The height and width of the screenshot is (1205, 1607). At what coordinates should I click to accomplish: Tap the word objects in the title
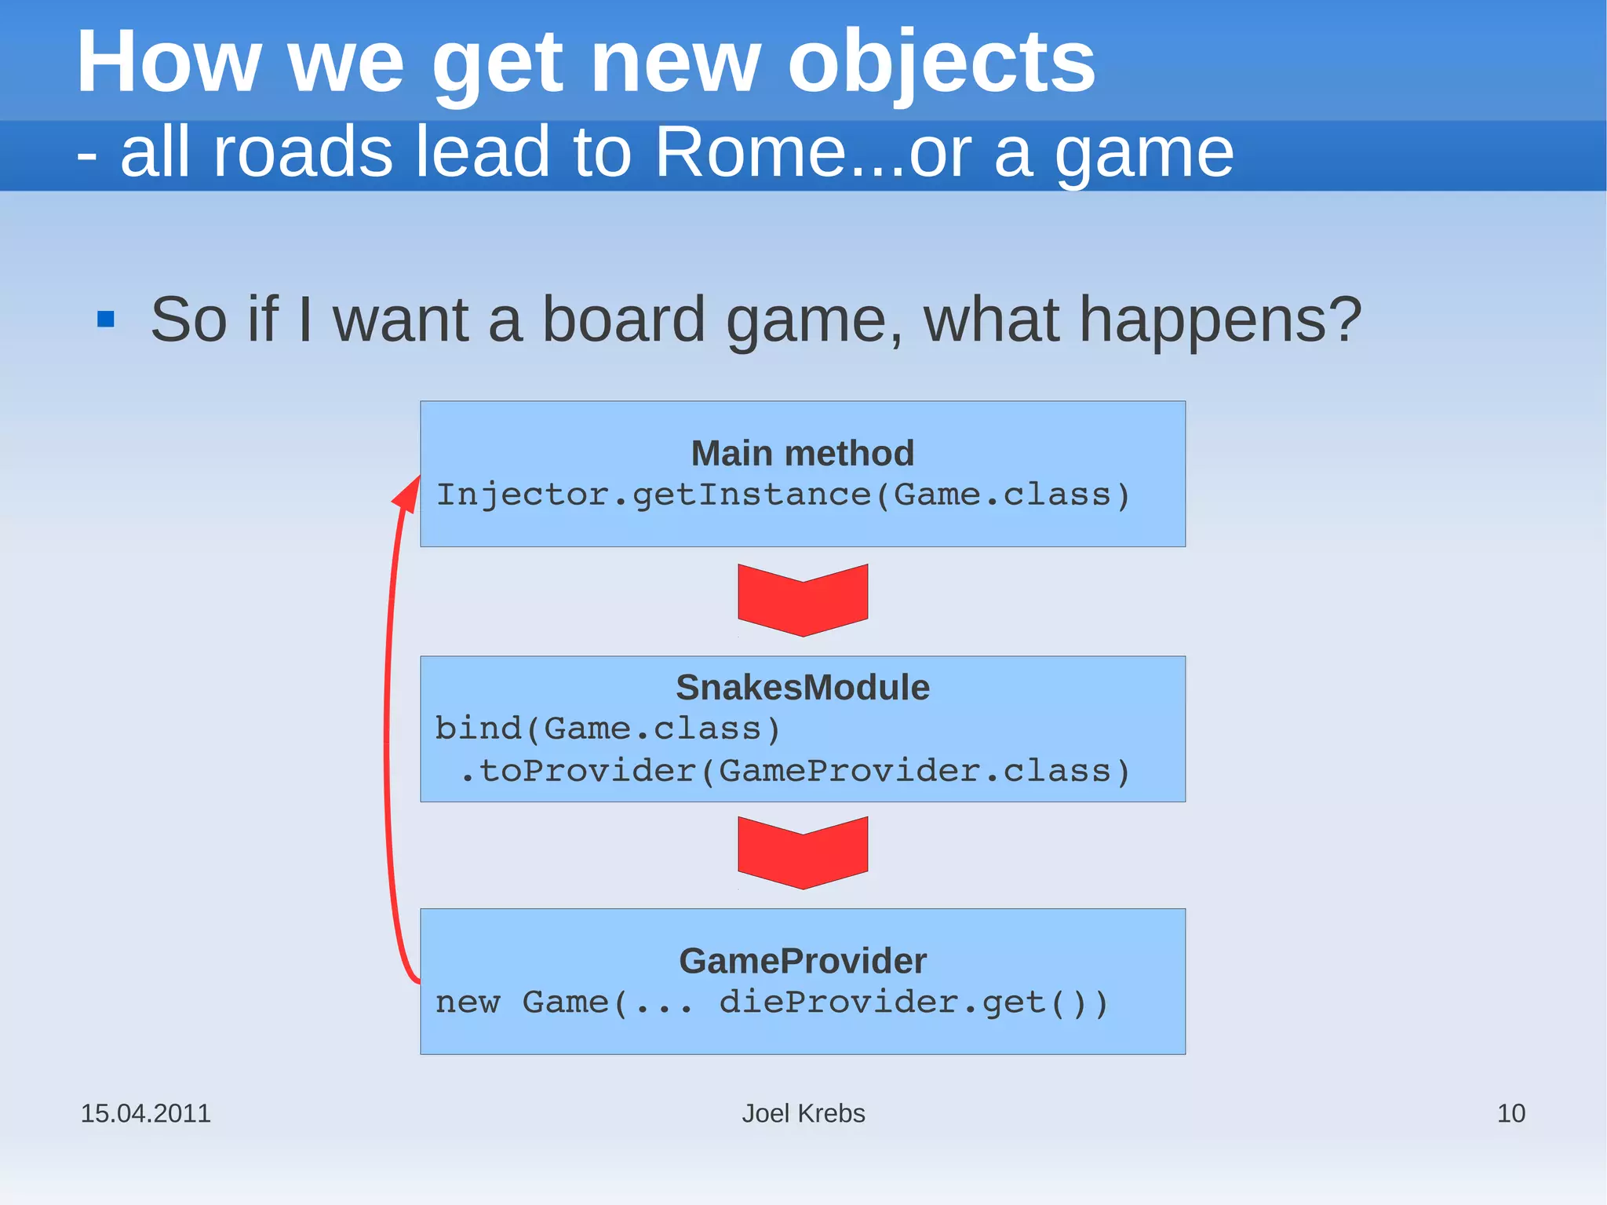click(x=941, y=63)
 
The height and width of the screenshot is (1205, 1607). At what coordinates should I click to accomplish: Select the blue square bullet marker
click(x=106, y=320)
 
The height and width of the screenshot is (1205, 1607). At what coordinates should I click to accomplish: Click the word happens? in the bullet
click(x=1220, y=320)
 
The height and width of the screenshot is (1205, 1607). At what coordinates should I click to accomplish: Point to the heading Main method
click(x=802, y=453)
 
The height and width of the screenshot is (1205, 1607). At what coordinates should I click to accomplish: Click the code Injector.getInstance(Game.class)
click(x=782, y=495)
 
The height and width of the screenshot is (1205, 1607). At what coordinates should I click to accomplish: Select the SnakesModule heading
click(x=802, y=687)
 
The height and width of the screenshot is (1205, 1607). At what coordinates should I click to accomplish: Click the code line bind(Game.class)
click(x=607, y=728)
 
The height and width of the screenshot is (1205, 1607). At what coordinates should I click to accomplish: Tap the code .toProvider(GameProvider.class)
click(x=794, y=771)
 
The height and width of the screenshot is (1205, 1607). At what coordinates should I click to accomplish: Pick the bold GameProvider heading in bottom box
click(x=802, y=960)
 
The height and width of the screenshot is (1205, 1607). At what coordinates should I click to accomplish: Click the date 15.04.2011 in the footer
click(x=146, y=1113)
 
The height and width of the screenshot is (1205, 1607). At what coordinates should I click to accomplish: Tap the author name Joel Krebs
click(x=803, y=1113)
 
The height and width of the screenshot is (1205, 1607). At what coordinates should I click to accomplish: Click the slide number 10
click(x=1510, y=1113)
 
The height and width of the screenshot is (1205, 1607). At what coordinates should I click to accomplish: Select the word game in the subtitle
click(x=1143, y=152)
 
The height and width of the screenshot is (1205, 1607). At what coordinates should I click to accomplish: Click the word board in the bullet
click(x=624, y=320)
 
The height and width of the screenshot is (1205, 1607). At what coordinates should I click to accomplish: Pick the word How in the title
click(x=168, y=63)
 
